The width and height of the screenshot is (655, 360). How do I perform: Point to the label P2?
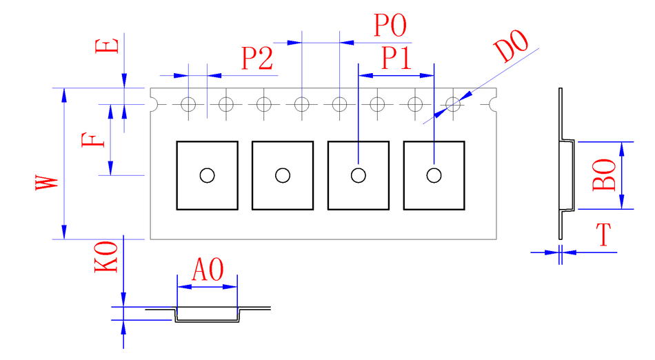tap(257, 59)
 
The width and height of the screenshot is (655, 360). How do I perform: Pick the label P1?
tap(396, 59)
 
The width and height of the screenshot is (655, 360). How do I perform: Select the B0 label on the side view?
tap(604, 175)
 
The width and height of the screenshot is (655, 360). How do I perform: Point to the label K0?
tap(106, 256)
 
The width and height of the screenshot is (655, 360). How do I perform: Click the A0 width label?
tap(207, 270)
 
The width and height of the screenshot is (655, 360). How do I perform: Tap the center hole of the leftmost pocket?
tap(207, 175)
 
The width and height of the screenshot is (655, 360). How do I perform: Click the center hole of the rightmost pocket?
tap(434, 175)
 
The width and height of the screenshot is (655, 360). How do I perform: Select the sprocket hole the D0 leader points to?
tap(453, 104)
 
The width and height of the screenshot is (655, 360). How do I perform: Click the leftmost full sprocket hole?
tap(189, 104)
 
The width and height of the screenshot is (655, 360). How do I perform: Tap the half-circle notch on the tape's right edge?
tap(494, 104)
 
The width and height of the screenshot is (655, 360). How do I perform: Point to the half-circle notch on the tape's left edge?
tap(153, 104)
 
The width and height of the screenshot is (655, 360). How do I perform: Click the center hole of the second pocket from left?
tap(283, 175)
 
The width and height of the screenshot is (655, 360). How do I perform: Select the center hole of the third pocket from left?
tap(358, 175)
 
